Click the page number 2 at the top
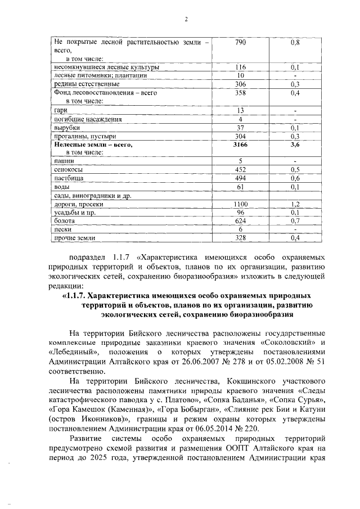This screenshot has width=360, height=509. coord(185,21)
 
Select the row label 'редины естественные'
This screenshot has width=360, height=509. coord(80,84)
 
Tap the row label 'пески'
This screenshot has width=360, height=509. coord(62,229)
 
